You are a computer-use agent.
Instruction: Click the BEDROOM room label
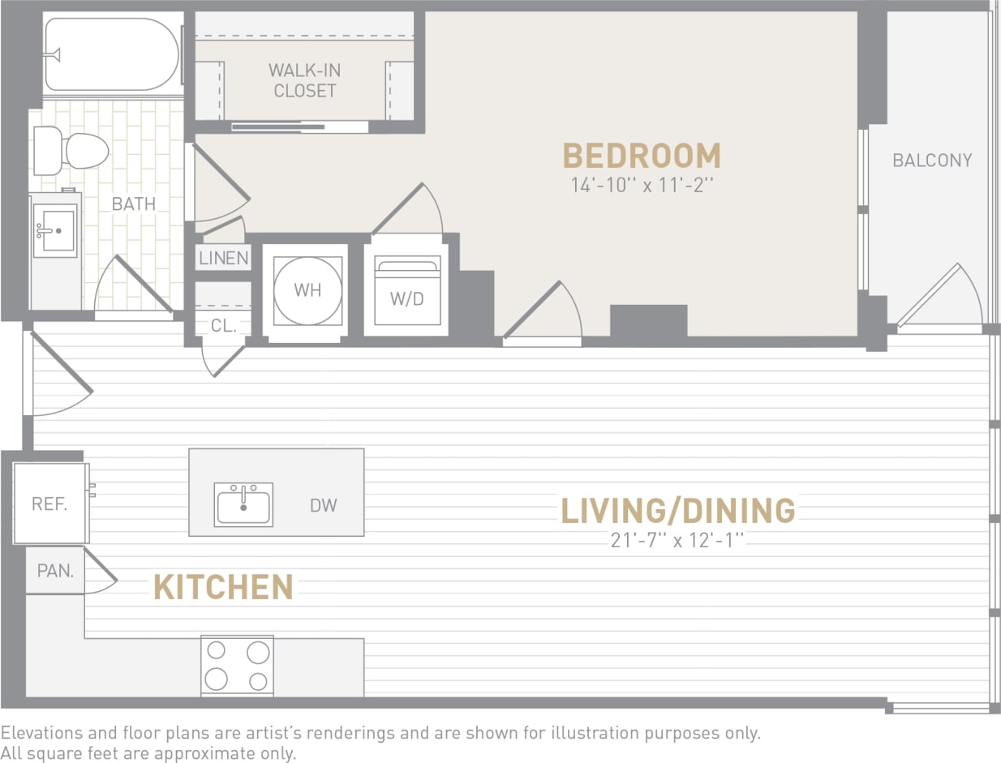click(x=641, y=156)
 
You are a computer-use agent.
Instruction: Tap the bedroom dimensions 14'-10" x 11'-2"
click(x=641, y=186)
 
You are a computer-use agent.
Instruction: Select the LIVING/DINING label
click(x=677, y=510)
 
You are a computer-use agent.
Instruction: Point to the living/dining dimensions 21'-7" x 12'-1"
click(x=677, y=540)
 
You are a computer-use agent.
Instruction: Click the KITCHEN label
click(x=223, y=587)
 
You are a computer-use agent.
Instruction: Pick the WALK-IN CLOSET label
click(x=304, y=80)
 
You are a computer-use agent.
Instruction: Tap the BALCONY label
click(x=931, y=161)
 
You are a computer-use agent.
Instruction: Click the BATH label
click(x=134, y=204)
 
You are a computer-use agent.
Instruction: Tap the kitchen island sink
click(x=243, y=504)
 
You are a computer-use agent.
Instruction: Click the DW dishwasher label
click(x=323, y=506)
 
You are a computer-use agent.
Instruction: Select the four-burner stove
click(x=237, y=665)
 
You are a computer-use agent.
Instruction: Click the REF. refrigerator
click(x=49, y=504)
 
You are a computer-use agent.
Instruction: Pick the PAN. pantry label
click(x=55, y=571)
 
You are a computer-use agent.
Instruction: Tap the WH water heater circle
click(x=307, y=289)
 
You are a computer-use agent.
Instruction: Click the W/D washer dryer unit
click(x=406, y=292)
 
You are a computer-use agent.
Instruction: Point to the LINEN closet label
click(x=223, y=259)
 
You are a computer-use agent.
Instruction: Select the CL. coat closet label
click(x=223, y=326)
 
